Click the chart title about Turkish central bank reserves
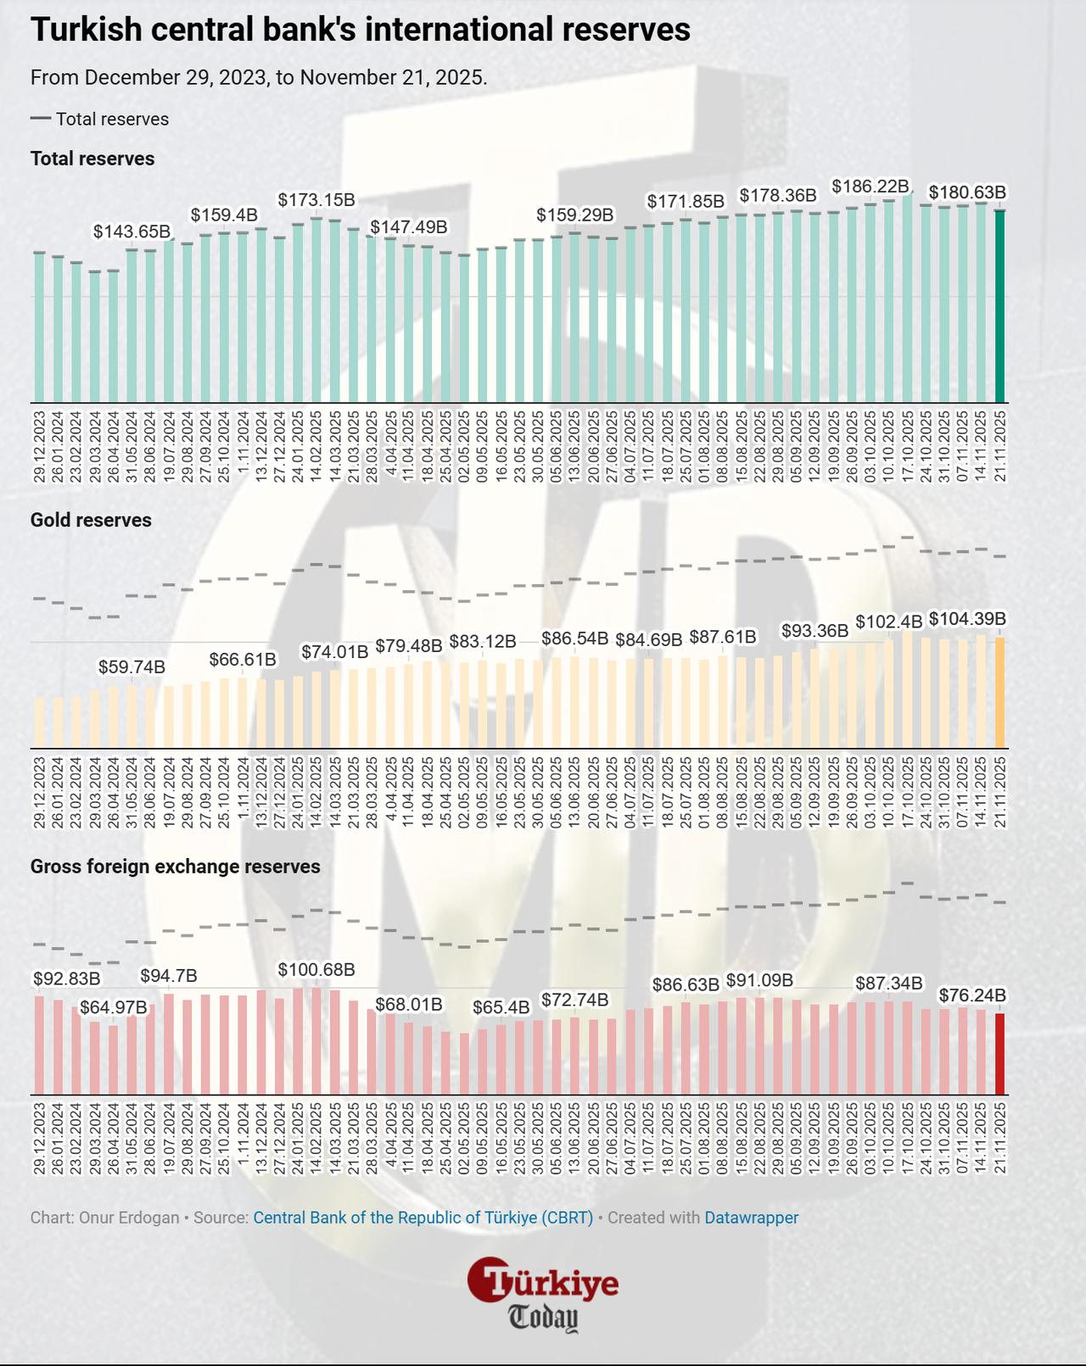[360, 30]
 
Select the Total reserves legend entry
[100, 120]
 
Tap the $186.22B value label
[870, 186]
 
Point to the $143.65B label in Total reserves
[132, 231]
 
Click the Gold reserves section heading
[91, 520]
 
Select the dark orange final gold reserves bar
[1000, 693]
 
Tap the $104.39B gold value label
[967, 619]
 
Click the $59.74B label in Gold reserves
[132, 666]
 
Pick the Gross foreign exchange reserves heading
[175, 867]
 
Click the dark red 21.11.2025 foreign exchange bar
[1000, 1053]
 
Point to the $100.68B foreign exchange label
[316, 969]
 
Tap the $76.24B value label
[972, 995]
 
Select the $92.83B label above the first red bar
[66, 979]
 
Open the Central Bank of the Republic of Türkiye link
[423, 1218]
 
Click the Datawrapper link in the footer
[751, 1218]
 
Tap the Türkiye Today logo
[543, 1294]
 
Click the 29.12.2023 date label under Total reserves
[39, 447]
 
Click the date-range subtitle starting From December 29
[259, 77]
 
